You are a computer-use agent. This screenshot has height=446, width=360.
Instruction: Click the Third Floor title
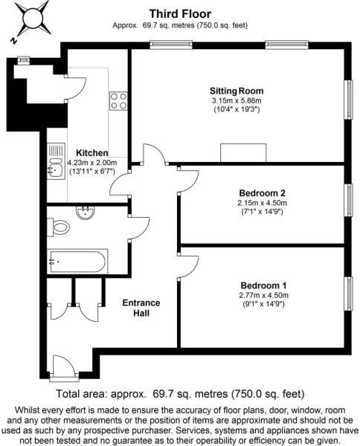coord(180,13)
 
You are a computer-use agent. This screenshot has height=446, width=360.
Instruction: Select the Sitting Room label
coord(237,91)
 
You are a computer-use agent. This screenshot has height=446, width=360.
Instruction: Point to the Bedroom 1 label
coord(263,285)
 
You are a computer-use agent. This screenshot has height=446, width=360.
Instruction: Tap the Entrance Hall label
coord(141,308)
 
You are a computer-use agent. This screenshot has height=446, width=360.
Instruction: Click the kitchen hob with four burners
coord(118,100)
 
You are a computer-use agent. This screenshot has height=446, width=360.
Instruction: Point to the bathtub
coord(77,262)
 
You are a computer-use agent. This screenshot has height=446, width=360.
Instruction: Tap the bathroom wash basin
coord(86,213)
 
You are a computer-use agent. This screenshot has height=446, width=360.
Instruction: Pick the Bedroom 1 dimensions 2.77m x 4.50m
coord(263,295)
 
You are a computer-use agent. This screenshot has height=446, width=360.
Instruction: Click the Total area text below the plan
coord(180,393)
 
